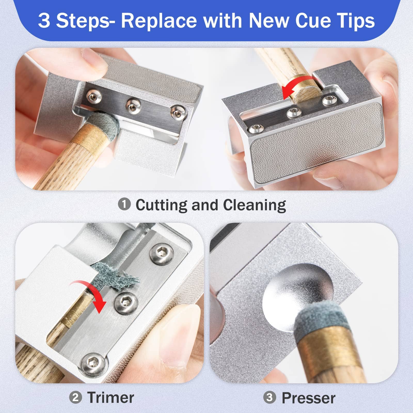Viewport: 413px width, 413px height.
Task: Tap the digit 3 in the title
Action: pyautogui.click(x=44, y=21)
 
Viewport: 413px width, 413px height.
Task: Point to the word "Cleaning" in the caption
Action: pyautogui.click(x=254, y=205)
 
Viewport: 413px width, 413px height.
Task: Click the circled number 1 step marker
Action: pyautogui.click(x=124, y=204)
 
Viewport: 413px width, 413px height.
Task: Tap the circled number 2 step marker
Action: pyautogui.click(x=75, y=398)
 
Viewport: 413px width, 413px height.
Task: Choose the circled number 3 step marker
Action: pyautogui.click(x=269, y=398)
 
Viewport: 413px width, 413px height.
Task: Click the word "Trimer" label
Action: pyautogui.click(x=111, y=398)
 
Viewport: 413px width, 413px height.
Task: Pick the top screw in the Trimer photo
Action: pyautogui.click(x=162, y=254)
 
